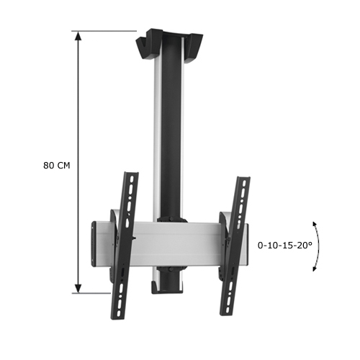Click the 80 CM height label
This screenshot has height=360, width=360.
(57, 165)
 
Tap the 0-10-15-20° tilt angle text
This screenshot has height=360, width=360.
(285, 245)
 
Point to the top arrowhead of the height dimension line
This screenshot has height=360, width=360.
(77, 35)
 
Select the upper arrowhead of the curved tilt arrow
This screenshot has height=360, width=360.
(315, 223)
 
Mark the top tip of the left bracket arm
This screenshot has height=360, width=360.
(132, 174)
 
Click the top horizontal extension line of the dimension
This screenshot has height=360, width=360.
(108, 31)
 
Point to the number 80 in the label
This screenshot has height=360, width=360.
(49, 165)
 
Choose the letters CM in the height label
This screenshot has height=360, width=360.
(63, 165)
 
